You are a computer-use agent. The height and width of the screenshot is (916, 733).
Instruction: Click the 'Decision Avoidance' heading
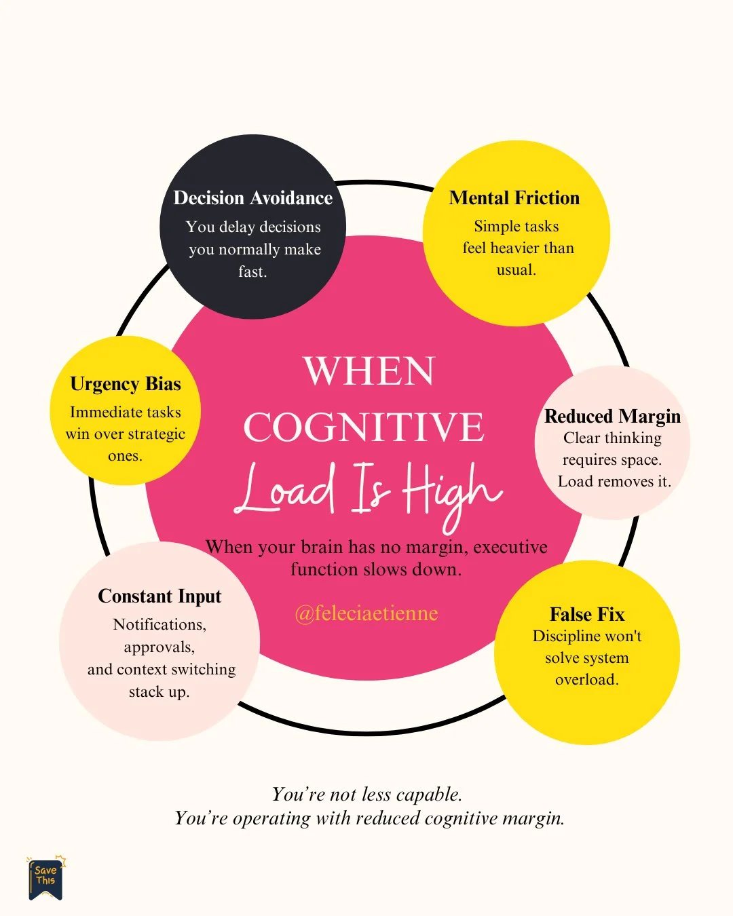[253, 197]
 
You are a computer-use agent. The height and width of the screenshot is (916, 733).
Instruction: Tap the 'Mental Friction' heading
[514, 197]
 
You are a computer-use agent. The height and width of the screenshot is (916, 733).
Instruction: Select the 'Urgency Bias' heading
[126, 383]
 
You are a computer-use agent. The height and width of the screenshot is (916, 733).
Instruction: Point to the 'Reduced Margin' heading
[612, 416]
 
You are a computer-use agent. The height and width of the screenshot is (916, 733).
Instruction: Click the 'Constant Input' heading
[159, 596]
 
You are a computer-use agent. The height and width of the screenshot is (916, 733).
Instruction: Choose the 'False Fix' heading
[587, 614]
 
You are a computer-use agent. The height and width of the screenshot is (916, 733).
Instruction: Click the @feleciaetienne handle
[366, 613]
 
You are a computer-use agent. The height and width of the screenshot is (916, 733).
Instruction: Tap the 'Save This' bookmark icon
[45, 878]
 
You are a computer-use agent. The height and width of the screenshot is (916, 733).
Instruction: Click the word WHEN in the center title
[369, 371]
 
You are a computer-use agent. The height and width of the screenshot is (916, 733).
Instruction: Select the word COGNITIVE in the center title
[364, 427]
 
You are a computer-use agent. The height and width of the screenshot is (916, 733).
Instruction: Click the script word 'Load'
[286, 489]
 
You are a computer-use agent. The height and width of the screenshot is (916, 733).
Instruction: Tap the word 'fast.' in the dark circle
[252, 271]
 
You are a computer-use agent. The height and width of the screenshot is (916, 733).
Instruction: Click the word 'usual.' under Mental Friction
[516, 270]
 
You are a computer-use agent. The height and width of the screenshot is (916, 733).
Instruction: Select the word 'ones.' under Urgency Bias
[125, 456]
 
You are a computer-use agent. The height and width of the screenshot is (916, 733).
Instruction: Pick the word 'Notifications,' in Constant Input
[159, 624]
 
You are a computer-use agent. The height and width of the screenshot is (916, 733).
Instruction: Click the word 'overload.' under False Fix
[587, 680]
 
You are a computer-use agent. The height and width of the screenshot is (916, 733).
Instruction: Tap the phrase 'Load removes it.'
[614, 482]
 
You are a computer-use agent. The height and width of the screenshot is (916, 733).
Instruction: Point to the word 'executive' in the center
[510, 547]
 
